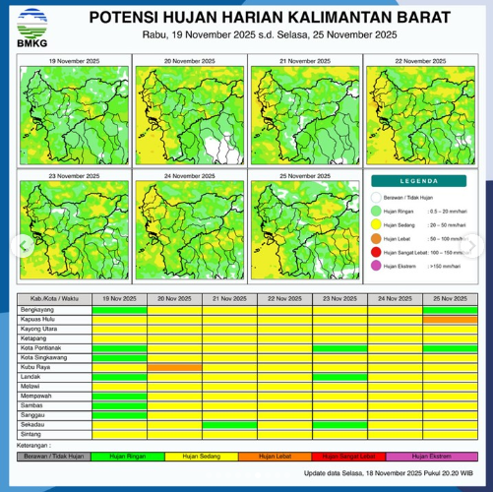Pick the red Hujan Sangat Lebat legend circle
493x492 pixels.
coord(376,252)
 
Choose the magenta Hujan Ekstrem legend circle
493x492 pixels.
coord(376,266)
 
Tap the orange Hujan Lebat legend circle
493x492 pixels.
coord(376,238)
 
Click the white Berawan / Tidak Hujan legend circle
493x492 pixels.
coord(376,196)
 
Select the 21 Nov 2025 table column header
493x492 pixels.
coord(229,298)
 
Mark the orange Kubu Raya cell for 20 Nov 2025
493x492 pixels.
coord(174,366)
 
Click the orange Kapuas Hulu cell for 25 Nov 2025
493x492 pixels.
coord(450,319)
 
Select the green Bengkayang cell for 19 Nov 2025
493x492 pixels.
coord(119,309)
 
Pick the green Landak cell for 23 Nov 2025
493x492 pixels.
coord(339,376)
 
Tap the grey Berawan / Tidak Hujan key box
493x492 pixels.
coord(54,457)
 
